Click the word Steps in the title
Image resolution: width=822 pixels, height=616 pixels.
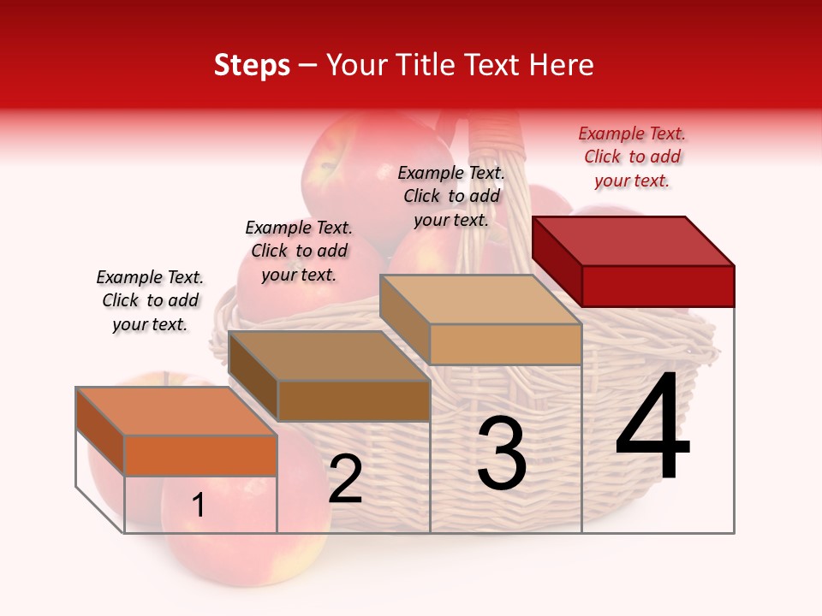click(x=252, y=65)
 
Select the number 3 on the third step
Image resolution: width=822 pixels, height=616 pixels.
click(x=501, y=453)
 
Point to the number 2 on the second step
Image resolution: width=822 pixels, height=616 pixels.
click(x=345, y=480)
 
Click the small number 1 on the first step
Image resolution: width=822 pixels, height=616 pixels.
click(x=198, y=506)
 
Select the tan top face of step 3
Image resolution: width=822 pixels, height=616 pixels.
click(x=479, y=299)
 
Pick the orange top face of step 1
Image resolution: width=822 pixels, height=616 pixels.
click(x=176, y=411)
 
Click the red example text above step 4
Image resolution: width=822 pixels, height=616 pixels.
click(x=632, y=157)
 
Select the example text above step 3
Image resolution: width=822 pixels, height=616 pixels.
click(x=451, y=196)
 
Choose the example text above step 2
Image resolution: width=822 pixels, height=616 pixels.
click(x=299, y=251)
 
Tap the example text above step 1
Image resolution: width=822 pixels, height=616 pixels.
click(x=150, y=300)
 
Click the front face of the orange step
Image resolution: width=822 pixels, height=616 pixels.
click(x=200, y=455)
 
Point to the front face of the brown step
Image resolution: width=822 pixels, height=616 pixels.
click(x=354, y=400)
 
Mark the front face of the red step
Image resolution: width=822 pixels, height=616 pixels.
click(x=658, y=286)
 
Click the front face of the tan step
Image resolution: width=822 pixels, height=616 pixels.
click(x=505, y=344)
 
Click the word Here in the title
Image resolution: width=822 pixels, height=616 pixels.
click(x=562, y=65)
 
